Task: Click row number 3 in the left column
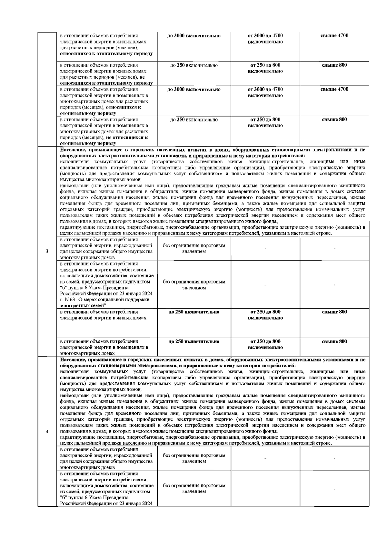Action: click(x=47, y=251)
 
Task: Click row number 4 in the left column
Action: click(x=47, y=432)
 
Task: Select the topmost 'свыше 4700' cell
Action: click(x=334, y=35)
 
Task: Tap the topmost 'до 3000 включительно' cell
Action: click(x=194, y=35)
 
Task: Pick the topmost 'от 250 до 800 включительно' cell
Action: click(x=265, y=68)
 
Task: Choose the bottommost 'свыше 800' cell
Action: click(x=334, y=341)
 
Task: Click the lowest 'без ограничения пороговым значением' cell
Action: click(x=194, y=488)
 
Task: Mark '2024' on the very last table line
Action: click(x=147, y=503)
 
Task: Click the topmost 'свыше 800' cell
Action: click(x=334, y=65)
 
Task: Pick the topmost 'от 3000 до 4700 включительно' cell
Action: click(x=265, y=39)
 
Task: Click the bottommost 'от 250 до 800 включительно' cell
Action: click(x=265, y=344)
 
